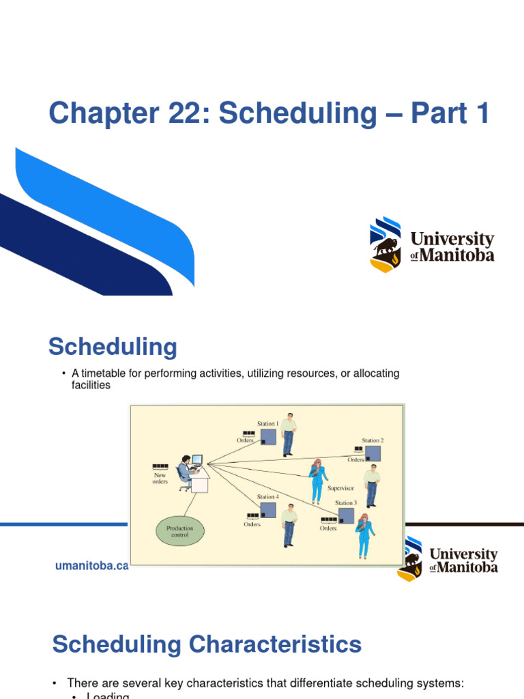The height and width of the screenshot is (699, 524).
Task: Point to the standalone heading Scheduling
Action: (x=113, y=347)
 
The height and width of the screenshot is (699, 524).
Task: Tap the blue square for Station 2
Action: (x=373, y=453)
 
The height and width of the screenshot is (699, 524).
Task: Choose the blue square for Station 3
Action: (x=346, y=516)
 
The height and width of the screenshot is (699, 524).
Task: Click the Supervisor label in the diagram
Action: (x=340, y=488)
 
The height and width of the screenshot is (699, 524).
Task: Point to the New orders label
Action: (x=159, y=477)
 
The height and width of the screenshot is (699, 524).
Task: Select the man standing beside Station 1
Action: (x=289, y=434)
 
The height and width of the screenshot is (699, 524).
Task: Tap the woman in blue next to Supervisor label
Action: (x=317, y=480)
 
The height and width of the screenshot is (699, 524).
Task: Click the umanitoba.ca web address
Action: (x=91, y=566)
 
